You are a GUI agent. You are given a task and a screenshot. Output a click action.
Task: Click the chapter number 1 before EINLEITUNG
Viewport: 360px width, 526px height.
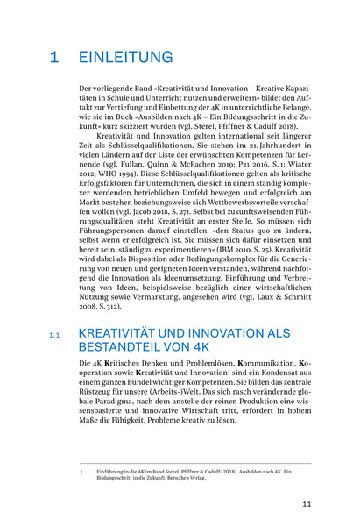(54, 58)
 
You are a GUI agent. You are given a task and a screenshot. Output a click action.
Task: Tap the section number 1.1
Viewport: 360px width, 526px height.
(54, 311)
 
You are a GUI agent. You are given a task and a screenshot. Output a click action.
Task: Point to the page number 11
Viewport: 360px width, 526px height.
(307, 504)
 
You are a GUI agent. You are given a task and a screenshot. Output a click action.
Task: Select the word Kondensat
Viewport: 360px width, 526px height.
(256, 349)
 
